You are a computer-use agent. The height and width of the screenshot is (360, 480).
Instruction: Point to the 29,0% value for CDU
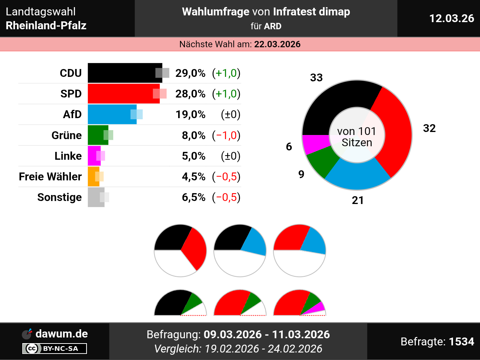tap(190, 73)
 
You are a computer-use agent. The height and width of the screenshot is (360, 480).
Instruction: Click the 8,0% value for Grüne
tap(193, 135)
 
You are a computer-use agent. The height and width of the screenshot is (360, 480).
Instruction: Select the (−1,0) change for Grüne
tap(226, 135)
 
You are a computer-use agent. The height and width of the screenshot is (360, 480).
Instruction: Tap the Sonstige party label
tap(59, 197)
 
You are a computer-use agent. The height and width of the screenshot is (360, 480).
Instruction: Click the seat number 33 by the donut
tap(316, 78)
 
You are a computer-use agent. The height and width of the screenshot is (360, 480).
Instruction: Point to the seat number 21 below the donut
tap(357, 200)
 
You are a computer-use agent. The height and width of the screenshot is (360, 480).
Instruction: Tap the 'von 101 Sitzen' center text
tap(357, 136)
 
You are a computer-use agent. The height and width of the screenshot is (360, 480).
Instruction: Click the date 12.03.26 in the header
tap(451, 18)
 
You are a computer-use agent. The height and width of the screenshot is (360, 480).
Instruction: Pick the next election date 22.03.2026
tap(277, 44)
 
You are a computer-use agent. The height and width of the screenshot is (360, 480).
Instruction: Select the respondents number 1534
tap(461, 342)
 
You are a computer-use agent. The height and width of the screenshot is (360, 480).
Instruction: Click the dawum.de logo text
tap(61, 334)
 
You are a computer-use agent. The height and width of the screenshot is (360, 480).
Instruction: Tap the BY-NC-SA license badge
tap(55, 349)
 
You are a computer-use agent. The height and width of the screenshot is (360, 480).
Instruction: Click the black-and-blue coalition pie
tap(240, 250)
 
